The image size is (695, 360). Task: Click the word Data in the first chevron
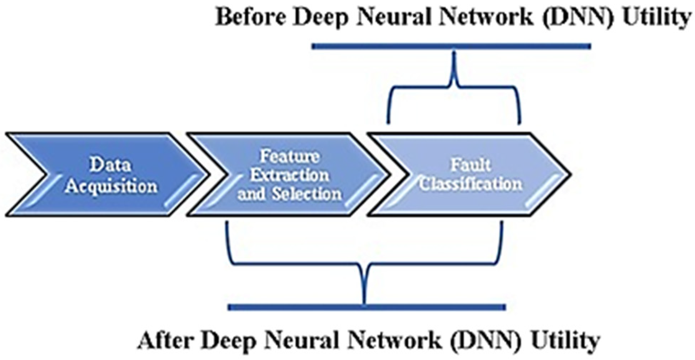click(110, 165)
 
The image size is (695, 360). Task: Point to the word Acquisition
click(111, 187)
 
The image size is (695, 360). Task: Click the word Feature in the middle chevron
click(289, 156)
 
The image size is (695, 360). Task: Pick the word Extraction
click(289, 175)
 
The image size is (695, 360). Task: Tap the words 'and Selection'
click(289, 194)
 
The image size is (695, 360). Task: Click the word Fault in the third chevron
click(470, 165)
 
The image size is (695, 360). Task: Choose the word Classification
click(470, 184)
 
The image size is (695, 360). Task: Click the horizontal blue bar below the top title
click(451, 46)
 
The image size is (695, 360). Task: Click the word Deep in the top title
click(320, 18)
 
